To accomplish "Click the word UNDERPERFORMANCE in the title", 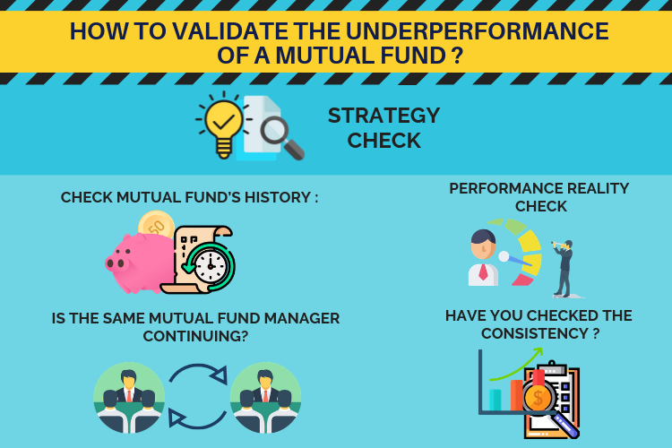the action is [478, 30].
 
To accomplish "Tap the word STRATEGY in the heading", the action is [384, 116].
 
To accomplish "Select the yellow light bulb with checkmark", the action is [223, 125].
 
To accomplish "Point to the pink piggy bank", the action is [140, 263].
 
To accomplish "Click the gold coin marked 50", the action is [157, 225].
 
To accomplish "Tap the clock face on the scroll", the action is [211, 266].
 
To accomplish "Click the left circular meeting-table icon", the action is [129, 397].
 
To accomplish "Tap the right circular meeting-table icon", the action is [265, 397].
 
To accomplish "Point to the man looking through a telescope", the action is [564, 269].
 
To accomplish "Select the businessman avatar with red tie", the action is [484, 258].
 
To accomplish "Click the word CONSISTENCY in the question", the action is [534, 333].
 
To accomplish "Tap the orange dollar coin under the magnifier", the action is [538, 397].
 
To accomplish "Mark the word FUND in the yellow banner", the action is [411, 56].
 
